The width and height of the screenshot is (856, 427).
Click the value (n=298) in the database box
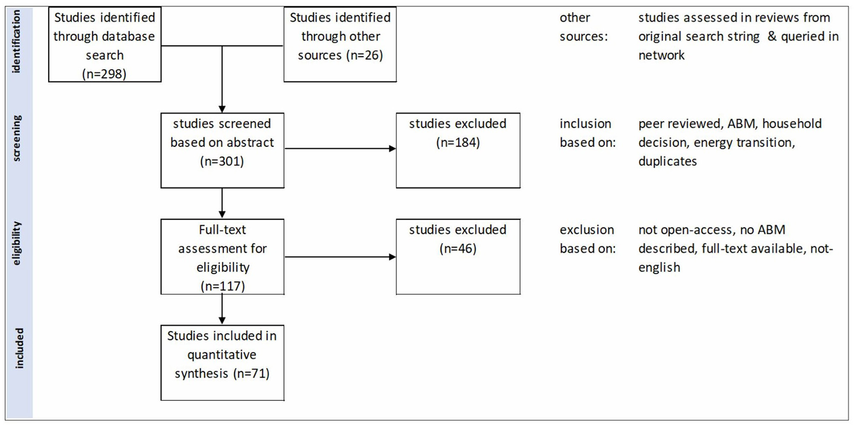104,74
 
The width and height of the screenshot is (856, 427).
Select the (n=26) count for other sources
365,55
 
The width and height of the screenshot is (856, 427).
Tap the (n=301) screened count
222,161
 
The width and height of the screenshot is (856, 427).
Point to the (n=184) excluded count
457,142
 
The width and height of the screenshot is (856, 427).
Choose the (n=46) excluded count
457,249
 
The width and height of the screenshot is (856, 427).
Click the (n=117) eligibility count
223,286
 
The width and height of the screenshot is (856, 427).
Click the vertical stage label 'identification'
17,42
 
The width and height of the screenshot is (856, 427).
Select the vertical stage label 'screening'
17,138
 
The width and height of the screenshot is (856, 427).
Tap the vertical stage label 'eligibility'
17,243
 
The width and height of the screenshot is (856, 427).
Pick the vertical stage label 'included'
19,348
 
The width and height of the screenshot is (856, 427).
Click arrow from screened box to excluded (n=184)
340,149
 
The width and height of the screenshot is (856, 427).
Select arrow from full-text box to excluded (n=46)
340,257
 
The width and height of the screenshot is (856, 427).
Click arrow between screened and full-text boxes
222,203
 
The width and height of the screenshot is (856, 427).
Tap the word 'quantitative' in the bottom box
222,355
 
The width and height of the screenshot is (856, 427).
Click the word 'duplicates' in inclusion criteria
667,161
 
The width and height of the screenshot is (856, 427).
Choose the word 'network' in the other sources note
661,55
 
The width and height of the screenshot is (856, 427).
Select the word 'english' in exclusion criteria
659,268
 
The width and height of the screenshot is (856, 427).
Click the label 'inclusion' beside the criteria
585,124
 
